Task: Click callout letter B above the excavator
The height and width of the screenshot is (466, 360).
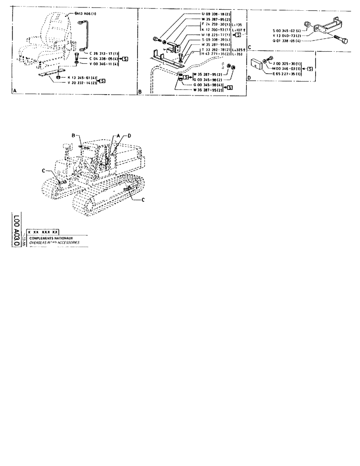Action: coord(74,135)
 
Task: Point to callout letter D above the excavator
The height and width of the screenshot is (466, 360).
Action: coord(130,135)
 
